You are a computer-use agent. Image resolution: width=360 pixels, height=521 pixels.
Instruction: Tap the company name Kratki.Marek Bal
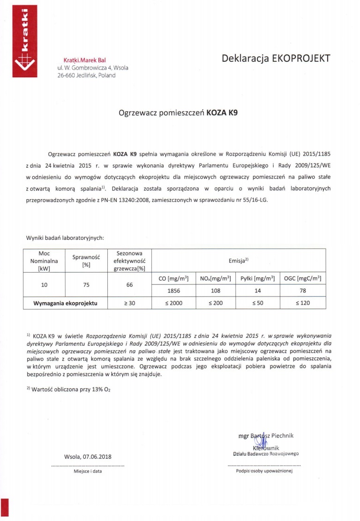84,60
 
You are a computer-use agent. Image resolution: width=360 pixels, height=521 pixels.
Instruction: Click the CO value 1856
174,290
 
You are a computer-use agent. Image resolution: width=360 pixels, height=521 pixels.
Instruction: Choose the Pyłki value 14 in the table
257,290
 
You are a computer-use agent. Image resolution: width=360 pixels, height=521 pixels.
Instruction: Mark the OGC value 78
302,290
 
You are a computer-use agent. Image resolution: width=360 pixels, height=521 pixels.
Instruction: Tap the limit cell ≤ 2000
174,303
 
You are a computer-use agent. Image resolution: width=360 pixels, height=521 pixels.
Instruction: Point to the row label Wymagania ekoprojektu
65,303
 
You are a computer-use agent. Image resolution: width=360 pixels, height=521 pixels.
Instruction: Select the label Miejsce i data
88,472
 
